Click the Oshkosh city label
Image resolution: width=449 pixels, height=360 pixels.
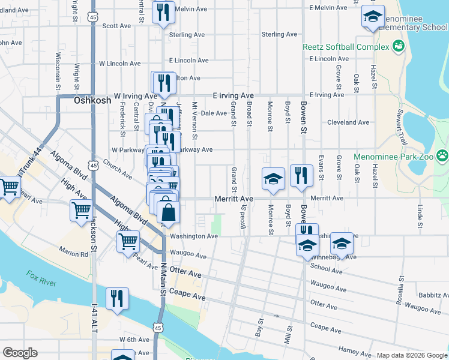coord(92,101)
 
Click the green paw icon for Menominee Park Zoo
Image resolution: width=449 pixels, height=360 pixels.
coord(442,156)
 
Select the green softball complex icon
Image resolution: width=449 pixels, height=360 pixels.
coord(397,46)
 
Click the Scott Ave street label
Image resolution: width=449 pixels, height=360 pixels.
coord(116,26)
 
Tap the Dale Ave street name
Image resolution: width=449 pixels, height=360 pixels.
coord(214,113)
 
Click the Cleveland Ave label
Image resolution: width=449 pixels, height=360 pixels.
coord(348,122)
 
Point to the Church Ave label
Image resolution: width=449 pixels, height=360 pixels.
coord(117,168)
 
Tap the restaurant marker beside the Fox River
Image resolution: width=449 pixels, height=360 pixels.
coord(116,298)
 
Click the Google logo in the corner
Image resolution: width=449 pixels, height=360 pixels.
coord(20,353)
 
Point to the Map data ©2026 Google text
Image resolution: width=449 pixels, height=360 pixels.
coord(411,355)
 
